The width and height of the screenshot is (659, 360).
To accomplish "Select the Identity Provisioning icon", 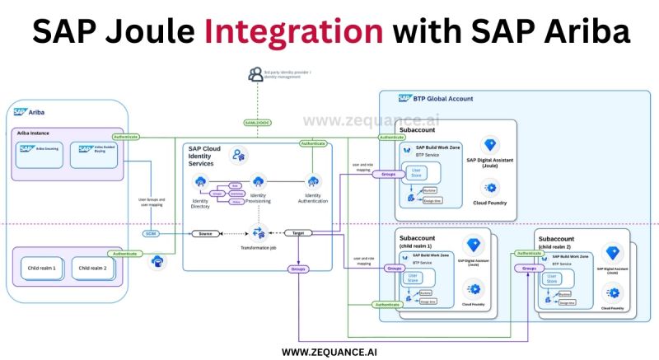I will [x=257, y=181].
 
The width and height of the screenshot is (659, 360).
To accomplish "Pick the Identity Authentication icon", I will [x=313, y=180].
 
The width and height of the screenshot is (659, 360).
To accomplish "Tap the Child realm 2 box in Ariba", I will [x=92, y=267].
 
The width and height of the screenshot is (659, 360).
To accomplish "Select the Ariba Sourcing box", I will [x=40, y=150].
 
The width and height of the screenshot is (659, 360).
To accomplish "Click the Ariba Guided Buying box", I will [x=96, y=150].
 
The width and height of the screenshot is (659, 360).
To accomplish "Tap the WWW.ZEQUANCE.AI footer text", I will [x=329, y=351].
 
